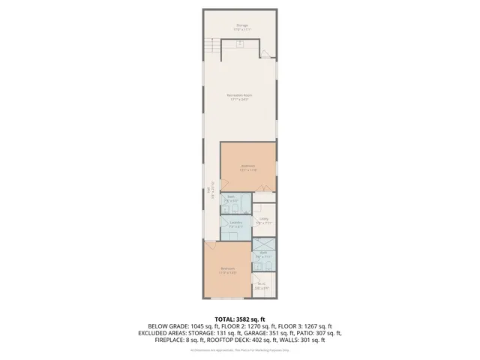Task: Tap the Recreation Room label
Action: [x=239, y=97]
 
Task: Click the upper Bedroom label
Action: [x=247, y=166]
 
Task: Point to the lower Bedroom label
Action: [x=228, y=270]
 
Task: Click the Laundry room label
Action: [x=235, y=224]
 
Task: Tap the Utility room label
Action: [x=264, y=220]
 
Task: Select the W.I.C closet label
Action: [x=262, y=285]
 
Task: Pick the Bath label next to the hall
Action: [x=231, y=199]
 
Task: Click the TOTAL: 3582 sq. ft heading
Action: [x=239, y=319]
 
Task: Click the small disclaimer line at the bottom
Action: [x=239, y=349]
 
